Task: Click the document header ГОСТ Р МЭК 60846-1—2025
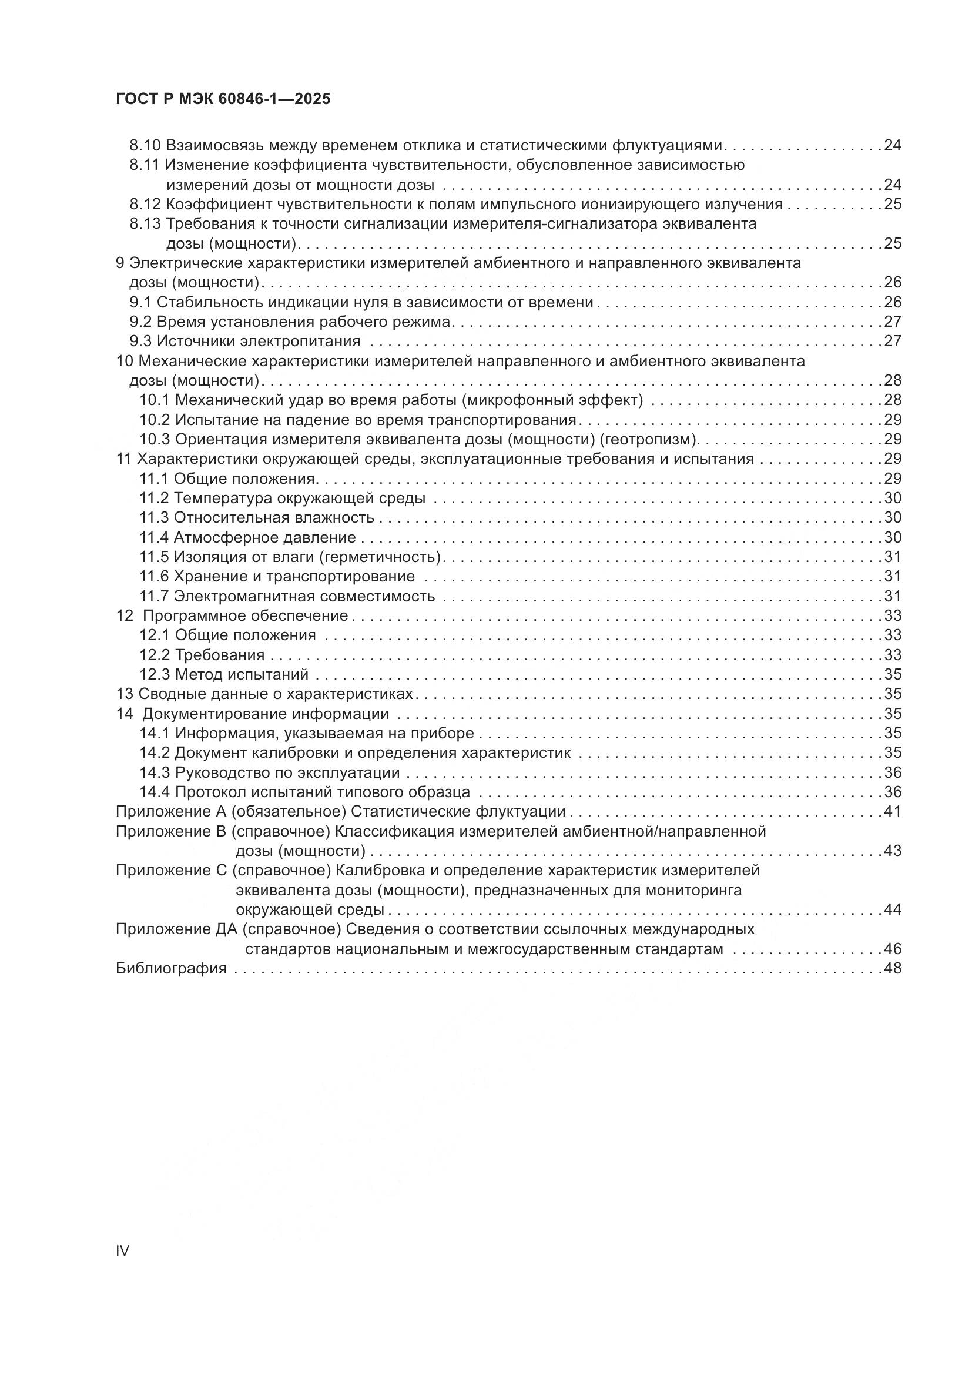click(223, 99)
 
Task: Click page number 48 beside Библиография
click(893, 968)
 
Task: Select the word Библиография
click(171, 968)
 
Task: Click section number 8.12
click(145, 204)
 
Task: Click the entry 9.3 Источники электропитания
click(246, 342)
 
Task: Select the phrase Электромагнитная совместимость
click(304, 596)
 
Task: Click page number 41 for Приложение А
click(893, 811)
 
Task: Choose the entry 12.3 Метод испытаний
click(224, 674)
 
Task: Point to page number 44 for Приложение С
click(893, 909)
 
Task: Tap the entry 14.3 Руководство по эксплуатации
click(269, 772)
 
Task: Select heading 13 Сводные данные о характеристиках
click(264, 694)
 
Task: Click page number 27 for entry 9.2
click(893, 322)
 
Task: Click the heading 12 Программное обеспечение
click(232, 615)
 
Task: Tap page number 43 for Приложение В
click(893, 851)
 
